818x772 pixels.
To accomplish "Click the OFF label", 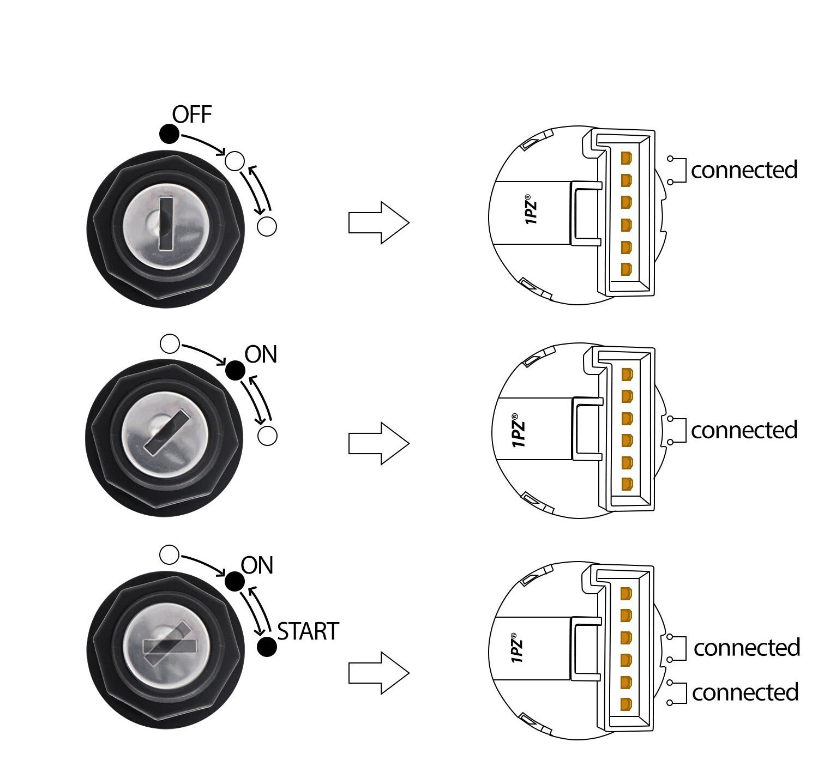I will pos(192,115).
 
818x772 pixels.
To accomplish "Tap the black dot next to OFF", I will pos(169,134).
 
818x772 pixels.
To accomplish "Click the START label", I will pos(308,631).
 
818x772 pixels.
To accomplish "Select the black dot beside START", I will pos(267,647).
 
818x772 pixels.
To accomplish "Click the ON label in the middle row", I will pos(261,355).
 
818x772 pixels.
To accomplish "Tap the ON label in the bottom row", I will pos(257,566).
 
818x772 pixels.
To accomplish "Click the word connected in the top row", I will pos(744,170).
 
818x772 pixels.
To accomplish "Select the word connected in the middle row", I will pos(744,431).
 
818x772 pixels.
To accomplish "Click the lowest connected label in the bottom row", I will pos(745,693).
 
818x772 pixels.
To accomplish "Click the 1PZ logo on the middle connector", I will pos(519,433).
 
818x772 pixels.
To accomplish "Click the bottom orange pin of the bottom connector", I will pos(626,703).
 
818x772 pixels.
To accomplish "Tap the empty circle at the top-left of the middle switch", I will pos(170,343).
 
